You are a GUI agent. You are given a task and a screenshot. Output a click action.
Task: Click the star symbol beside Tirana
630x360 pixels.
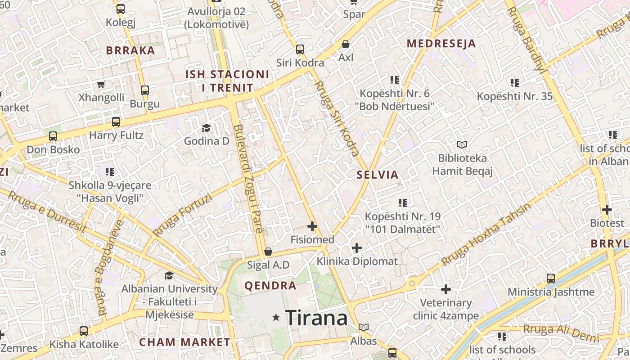(276, 318)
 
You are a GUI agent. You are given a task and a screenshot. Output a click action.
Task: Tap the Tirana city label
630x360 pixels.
(316, 318)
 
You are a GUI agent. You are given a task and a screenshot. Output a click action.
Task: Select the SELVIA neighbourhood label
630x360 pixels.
(378, 175)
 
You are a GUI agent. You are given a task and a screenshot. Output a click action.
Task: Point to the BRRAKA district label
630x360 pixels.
(130, 50)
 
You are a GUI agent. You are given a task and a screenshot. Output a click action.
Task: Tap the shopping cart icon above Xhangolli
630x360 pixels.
(101, 84)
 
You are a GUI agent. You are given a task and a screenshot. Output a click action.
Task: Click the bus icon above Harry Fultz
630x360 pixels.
(116, 121)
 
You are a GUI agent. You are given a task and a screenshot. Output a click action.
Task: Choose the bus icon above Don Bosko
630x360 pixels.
(53, 136)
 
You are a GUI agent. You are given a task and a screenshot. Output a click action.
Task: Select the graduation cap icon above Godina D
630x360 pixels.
(206, 128)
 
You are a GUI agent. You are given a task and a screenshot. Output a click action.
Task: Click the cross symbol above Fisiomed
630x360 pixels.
(312, 226)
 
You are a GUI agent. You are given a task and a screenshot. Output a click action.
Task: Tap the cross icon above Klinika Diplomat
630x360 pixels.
(357, 247)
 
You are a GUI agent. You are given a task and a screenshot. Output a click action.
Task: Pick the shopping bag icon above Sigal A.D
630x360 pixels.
(268, 252)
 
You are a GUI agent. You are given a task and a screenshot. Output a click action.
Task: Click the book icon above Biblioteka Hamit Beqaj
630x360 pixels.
(462, 144)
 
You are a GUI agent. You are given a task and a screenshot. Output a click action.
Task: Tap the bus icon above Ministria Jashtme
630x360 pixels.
(551, 278)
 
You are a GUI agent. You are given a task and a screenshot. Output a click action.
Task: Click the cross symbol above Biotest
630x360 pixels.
(607, 209)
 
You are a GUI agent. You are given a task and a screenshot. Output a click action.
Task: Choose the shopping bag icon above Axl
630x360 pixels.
(346, 44)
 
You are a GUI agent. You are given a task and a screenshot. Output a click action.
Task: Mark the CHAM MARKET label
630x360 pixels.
(184, 342)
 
